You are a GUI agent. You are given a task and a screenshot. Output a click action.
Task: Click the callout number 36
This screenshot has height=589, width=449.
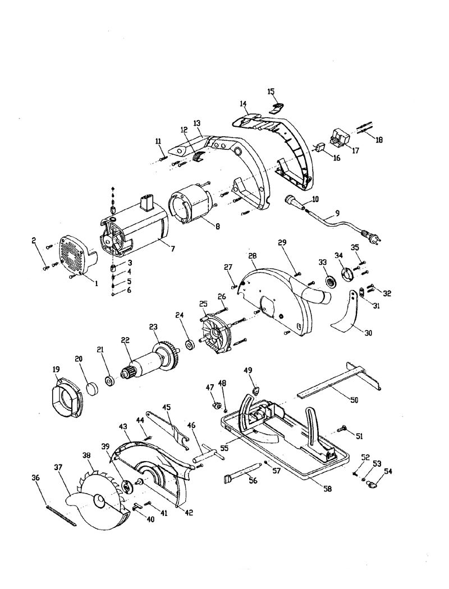[x=35, y=478]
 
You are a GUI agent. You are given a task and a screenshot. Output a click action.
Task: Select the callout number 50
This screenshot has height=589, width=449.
[x=354, y=400]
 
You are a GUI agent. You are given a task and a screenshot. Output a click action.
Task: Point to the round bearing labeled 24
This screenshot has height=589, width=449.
[x=190, y=344]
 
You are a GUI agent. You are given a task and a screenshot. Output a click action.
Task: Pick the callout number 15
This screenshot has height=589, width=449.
[x=271, y=91]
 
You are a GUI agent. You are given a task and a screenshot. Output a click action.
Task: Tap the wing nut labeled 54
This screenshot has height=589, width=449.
[x=373, y=485]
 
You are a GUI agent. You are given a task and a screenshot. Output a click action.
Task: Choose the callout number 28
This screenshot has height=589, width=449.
[x=252, y=255]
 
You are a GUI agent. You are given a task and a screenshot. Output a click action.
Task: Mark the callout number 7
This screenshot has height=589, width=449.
[x=173, y=249]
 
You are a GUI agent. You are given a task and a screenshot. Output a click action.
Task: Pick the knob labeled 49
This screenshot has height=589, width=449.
[x=256, y=391]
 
